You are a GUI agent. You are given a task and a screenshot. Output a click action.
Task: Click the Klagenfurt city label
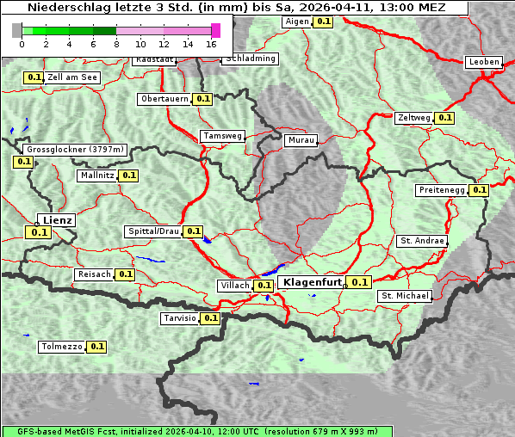pyautogui.click(x=313, y=281)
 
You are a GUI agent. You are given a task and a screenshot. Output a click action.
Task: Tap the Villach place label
pyautogui.click(x=235, y=286)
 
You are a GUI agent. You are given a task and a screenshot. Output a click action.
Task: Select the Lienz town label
pyautogui.click(x=57, y=220)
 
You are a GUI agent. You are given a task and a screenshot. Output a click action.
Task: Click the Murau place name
pyautogui.click(x=301, y=139)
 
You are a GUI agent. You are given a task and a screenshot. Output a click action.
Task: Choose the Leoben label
pyautogui.click(x=483, y=62)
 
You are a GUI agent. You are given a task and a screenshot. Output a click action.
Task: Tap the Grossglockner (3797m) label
pyautogui.click(x=75, y=150)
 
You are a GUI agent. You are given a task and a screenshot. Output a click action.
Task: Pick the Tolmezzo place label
pyautogui.click(x=62, y=347)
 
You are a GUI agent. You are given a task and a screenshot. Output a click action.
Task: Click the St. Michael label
pyautogui.click(x=405, y=296)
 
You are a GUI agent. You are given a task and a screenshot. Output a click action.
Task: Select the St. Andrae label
pyautogui.click(x=422, y=241)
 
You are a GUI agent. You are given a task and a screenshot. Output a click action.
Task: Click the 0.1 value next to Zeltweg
pyautogui.click(x=444, y=118)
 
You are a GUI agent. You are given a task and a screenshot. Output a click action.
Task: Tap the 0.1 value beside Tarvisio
pyautogui.click(x=211, y=318)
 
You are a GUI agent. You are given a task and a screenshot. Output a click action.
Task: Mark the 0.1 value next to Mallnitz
pyautogui.click(x=129, y=175)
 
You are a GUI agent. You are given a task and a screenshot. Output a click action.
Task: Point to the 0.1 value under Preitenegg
pyautogui.click(x=480, y=190)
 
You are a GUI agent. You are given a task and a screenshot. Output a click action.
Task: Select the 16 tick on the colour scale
pyautogui.click(x=211, y=43)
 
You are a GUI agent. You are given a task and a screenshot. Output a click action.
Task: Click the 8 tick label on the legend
pyautogui.click(x=116, y=43)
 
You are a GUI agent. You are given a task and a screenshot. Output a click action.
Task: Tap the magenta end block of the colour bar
pyautogui.click(x=215, y=30)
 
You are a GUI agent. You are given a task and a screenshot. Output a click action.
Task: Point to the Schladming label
pyautogui.click(x=250, y=58)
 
